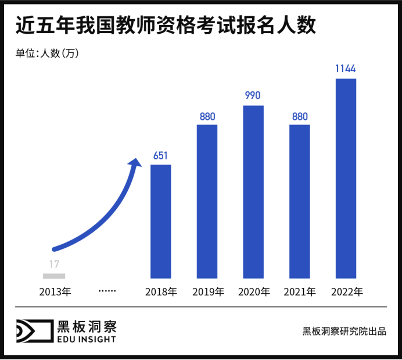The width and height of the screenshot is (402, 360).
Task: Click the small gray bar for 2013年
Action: point(54,276)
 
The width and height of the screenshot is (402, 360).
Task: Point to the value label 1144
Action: point(346,69)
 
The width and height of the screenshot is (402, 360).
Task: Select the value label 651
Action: point(161,155)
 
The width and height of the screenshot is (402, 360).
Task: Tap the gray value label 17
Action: point(54,265)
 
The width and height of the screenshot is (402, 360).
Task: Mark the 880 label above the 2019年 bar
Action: point(207,116)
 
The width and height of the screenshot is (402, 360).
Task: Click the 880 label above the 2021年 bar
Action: point(300,116)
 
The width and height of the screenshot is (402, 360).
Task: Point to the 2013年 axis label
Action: point(55,291)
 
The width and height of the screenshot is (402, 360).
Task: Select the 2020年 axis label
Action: point(254,291)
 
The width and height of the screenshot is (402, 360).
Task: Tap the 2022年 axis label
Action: point(346,291)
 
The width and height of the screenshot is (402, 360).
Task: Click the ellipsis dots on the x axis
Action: point(108,290)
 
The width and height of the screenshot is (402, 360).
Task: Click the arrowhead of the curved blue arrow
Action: point(137,162)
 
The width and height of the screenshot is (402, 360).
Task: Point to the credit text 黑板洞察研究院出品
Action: point(344,332)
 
